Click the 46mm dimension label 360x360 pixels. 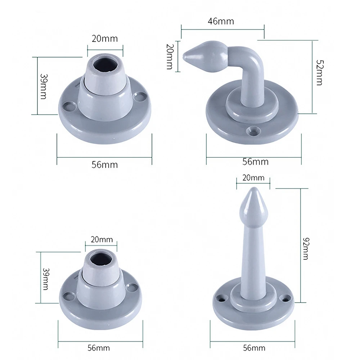pyautogui.click(x=221, y=21)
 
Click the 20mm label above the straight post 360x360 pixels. pyautogui.click(x=253, y=178)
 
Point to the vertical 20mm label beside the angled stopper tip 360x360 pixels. pyautogui.click(x=170, y=57)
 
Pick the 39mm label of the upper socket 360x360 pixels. pyautogui.click(x=44, y=87)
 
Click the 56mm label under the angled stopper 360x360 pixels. pyautogui.click(x=255, y=162)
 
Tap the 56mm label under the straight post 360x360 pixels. pyautogui.click(x=254, y=348)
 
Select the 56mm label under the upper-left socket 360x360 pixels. pyautogui.click(x=104, y=165)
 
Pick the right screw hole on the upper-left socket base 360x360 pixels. pyautogui.click(x=139, y=96)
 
